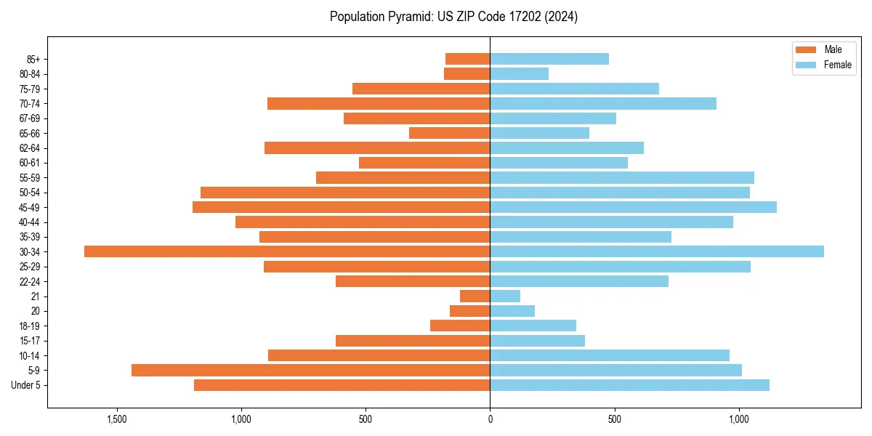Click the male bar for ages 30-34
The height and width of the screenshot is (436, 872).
287,251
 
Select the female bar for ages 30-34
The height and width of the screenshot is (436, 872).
657,251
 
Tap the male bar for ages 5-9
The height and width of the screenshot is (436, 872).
311,370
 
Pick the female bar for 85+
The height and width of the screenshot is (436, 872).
549,59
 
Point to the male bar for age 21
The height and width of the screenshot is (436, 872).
475,296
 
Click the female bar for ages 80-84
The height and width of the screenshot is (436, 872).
519,73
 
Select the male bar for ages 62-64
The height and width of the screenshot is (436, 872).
377,148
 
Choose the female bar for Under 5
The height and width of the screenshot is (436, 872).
629,385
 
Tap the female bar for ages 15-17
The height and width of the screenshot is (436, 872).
537,340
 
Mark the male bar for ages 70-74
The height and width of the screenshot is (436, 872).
379,103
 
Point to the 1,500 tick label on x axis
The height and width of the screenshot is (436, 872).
117,420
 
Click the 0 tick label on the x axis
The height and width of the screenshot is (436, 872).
490,420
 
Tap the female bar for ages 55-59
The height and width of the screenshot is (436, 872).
622,177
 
